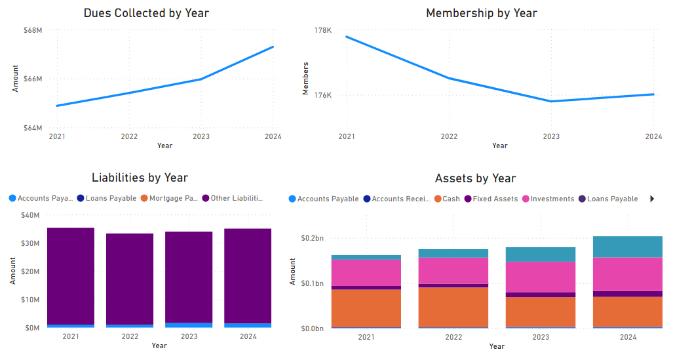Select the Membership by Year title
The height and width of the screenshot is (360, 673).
[481, 13]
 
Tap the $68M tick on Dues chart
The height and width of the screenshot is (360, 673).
[33, 30]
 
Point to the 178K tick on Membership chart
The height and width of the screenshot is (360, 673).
[323, 30]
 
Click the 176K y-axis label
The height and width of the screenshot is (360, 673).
[323, 95]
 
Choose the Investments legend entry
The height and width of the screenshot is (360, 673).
[552, 199]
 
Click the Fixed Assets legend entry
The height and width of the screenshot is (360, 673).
[495, 199]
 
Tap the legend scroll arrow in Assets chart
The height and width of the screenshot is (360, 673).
[652, 199]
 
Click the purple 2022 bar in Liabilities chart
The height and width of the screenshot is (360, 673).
[130, 279]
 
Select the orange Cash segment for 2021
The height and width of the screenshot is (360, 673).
[366, 308]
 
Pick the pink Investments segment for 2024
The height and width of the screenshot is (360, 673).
[627, 274]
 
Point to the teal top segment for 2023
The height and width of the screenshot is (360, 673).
[541, 254]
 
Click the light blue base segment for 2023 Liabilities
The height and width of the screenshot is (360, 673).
[189, 325]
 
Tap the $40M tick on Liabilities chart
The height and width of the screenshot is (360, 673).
[31, 215]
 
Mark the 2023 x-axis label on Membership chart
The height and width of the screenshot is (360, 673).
[551, 136]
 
